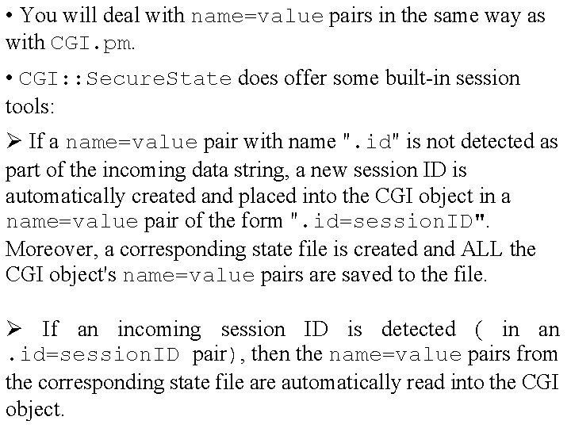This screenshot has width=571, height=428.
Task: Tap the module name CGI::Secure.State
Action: [125, 78]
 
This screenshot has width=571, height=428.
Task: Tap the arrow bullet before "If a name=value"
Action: [14, 143]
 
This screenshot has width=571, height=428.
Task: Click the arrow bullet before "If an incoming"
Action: [14, 329]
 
